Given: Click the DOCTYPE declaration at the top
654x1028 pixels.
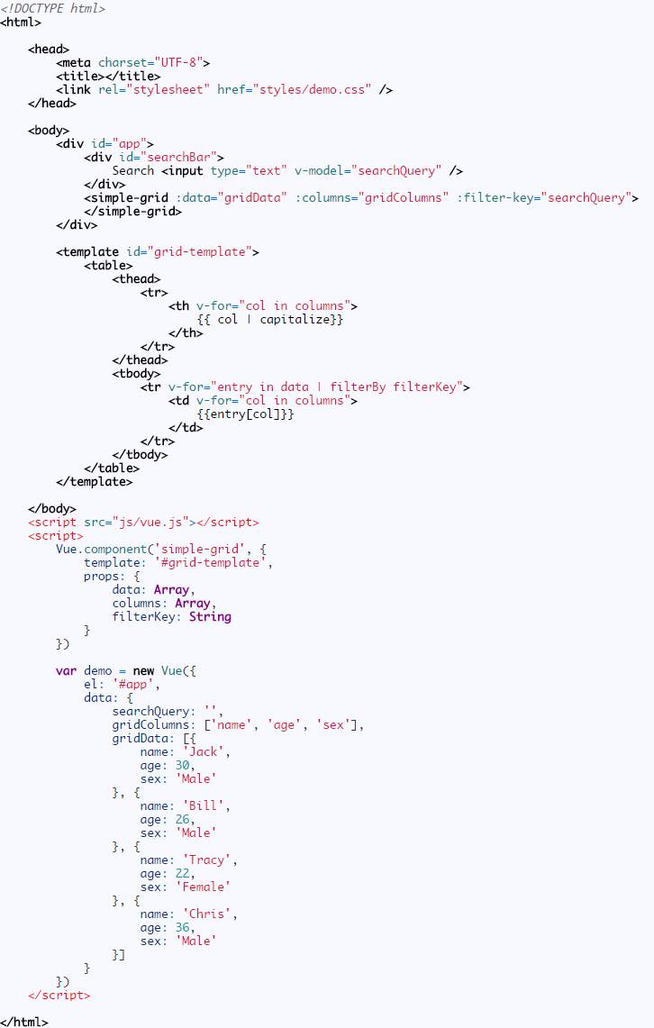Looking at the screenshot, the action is (52, 8).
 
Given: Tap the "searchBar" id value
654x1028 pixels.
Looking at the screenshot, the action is (187, 157).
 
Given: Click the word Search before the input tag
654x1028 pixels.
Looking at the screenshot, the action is (132, 170).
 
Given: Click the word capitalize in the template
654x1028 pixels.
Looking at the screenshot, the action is (295, 319).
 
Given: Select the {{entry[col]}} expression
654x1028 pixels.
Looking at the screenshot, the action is (246, 414).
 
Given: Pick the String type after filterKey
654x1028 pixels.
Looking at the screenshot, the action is (210, 616).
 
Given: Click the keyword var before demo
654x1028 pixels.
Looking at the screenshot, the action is (66, 670).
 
